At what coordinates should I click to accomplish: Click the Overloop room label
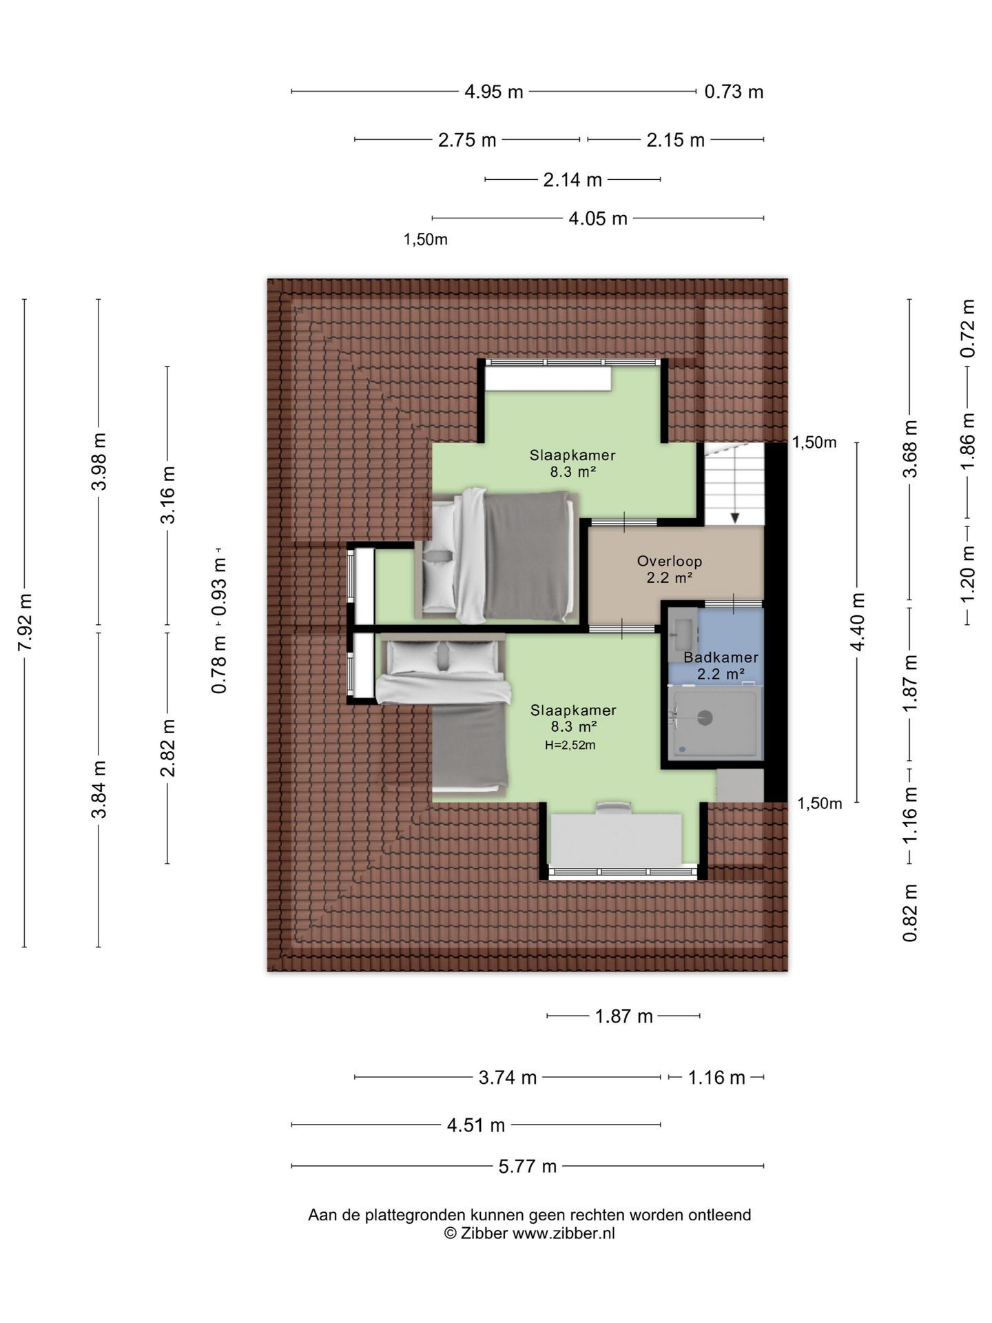(669, 562)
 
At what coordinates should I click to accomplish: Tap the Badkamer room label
(721, 657)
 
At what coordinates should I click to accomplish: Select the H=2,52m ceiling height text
(570, 745)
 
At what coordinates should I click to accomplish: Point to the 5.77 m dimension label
(528, 1167)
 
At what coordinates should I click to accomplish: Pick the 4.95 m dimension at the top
(494, 92)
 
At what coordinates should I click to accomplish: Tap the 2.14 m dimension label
(572, 180)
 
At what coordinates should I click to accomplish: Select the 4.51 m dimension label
(476, 1126)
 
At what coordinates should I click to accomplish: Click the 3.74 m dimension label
(508, 1078)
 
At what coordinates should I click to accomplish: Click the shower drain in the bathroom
(705, 717)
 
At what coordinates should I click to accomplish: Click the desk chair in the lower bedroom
(613, 807)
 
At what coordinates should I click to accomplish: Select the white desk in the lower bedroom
(616, 839)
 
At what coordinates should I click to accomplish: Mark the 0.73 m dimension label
(734, 92)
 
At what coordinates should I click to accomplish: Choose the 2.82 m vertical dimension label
(168, 747)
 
